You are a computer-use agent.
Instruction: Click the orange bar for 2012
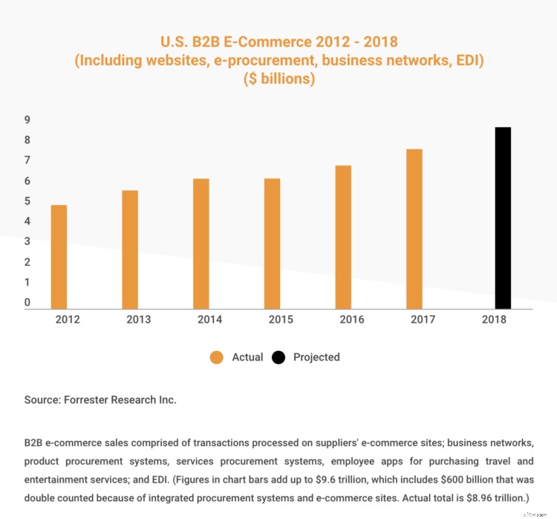tap(59, 257)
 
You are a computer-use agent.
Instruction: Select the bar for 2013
tap(130, 249)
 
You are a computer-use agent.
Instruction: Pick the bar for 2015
tap(272, 243)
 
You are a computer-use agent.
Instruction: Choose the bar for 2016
tap(343, 236)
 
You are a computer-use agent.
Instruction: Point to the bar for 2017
tap(414, 228)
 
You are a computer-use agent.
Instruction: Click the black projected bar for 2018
tap(503, 217)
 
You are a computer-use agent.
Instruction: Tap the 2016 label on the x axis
tap(351, 320)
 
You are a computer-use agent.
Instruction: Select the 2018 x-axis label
tap(494, 320)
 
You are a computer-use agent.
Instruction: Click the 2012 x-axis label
tap(68, 320)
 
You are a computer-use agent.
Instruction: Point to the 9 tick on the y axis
tap(27, 120)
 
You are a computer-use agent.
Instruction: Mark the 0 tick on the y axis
tap(27, 303)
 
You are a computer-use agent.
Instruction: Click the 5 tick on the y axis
tap(27, 201)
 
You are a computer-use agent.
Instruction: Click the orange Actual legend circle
tap(217, 358)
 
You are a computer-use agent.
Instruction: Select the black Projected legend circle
tap(278, 358)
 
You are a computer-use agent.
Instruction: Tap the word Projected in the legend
tap(316, 358)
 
